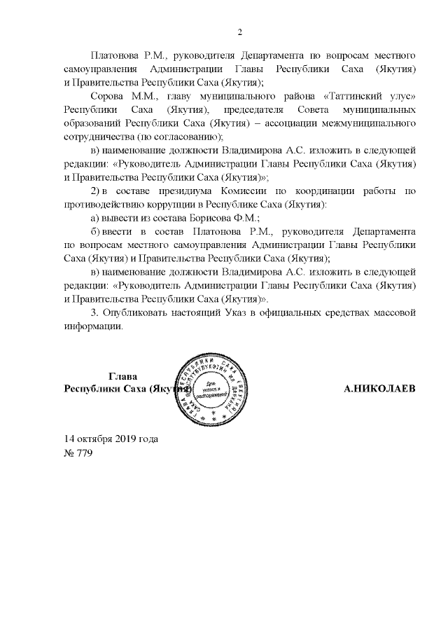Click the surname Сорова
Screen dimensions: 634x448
[x=106, y=96]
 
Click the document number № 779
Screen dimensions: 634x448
[x=78, y=453]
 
